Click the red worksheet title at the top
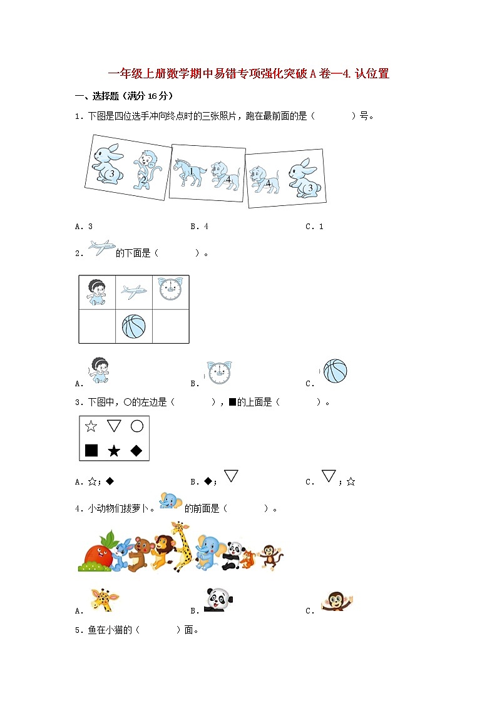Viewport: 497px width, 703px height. tap(248, 74)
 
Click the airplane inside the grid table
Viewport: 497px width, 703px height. tap(133, 290)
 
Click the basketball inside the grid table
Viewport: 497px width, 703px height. tap(133, 326)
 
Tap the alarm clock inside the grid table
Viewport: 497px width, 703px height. tap(170, 289)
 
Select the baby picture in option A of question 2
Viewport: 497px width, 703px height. tap(98, 370)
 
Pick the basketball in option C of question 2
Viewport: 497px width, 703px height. tap(335, 371)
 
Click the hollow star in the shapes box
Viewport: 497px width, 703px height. tap(91, 426)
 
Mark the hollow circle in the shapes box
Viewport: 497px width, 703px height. tap(136, 426)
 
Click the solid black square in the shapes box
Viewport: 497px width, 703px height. tap(91, 450)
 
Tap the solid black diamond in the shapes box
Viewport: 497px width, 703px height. tap(136, 450)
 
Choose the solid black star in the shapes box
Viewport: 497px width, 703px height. tap(114, 450)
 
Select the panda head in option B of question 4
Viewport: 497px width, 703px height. tap(218, 600)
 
